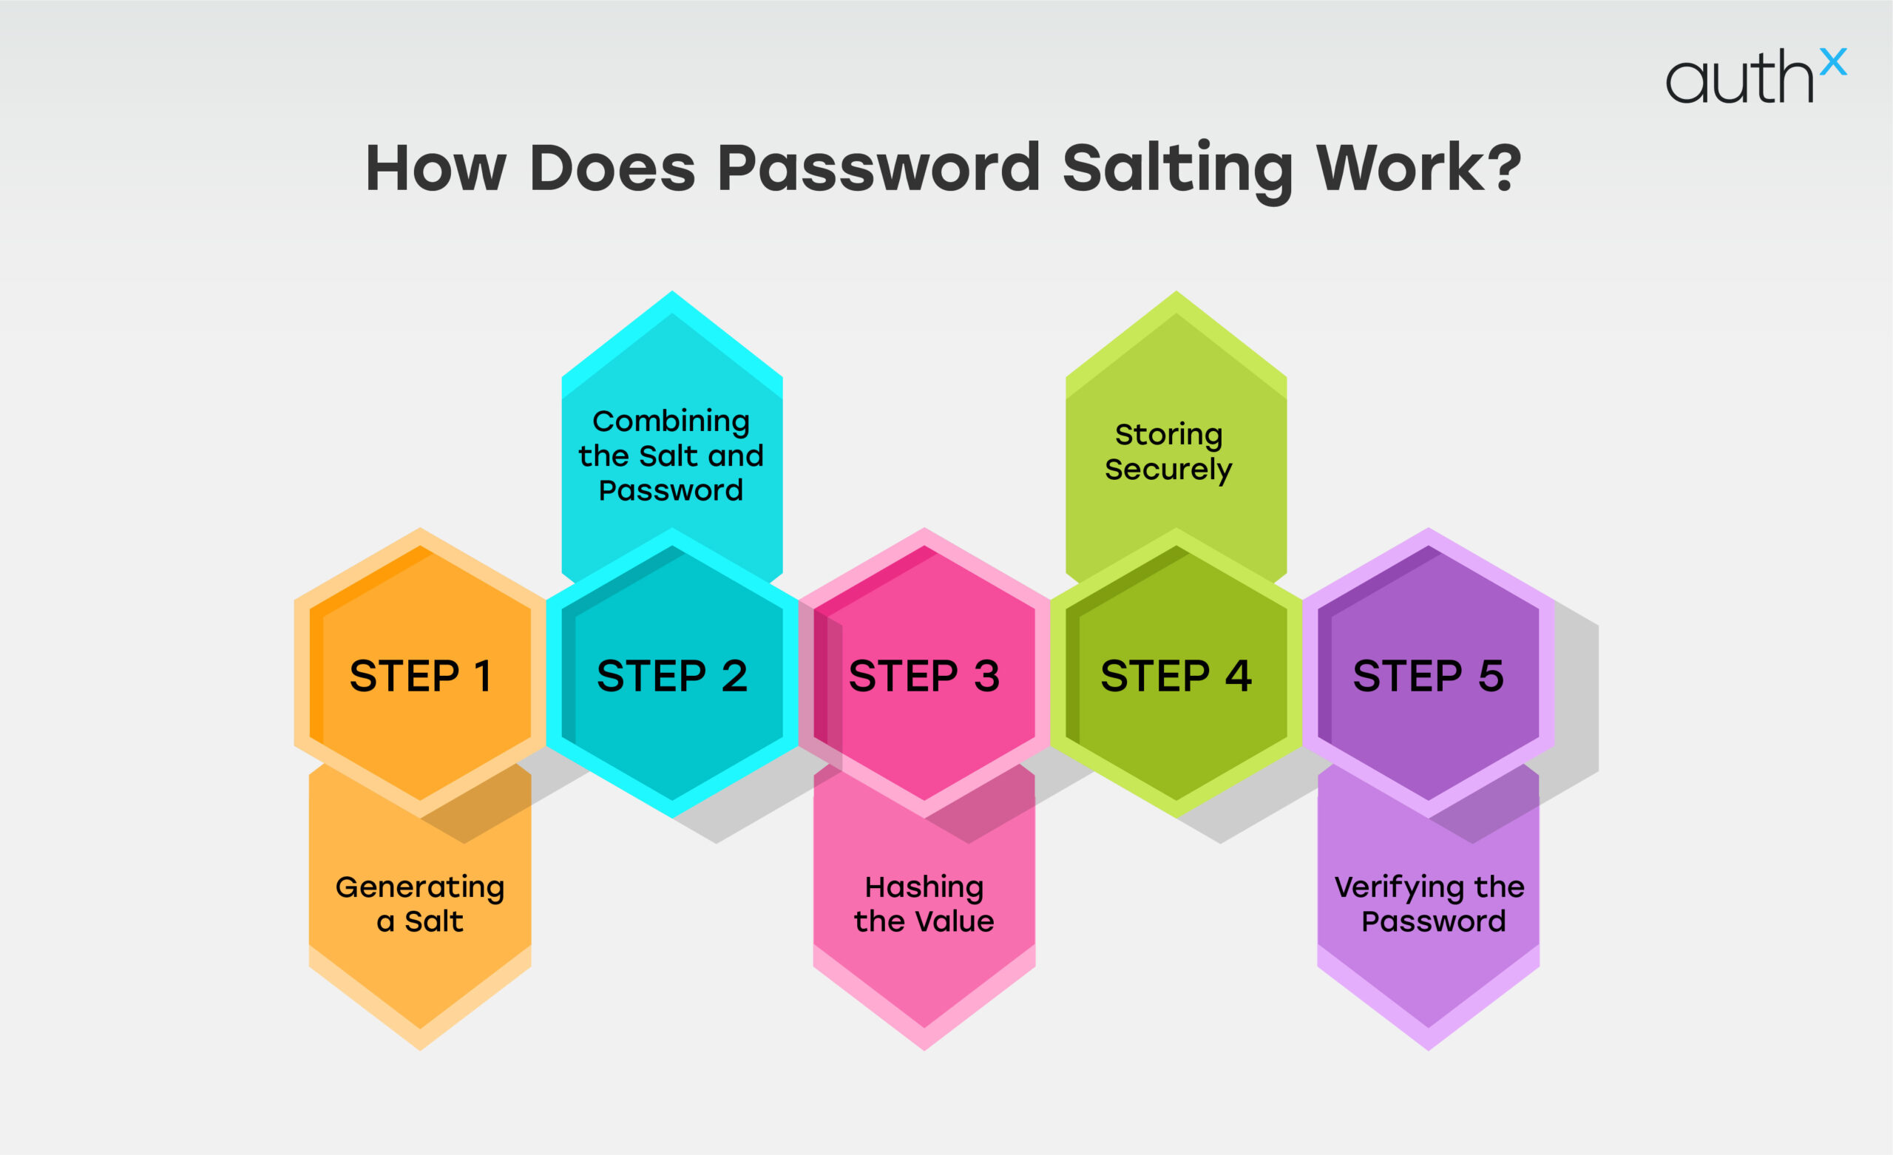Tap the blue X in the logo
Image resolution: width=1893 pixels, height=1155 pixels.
[x=1833, y=61]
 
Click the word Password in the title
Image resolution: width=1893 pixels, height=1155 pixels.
[x=879, y=169]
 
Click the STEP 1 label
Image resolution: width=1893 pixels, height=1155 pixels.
[x=420, y=677]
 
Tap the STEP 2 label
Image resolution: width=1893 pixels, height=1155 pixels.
[x=672, y=677]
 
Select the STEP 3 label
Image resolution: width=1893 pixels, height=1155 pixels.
[x=924, y=677]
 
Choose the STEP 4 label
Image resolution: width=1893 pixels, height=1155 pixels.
[x=1176, y=677]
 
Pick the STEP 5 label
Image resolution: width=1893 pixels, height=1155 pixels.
[x=1428, y=677]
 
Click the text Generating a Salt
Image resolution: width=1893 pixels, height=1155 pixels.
[x=420, y=904]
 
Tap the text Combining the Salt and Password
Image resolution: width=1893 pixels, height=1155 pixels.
[x=671, y=455]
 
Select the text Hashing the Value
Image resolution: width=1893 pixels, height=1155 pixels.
[x=924, y=904]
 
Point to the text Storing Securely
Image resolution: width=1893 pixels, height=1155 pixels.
[x=1168, y=452]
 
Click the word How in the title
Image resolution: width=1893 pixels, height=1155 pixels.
[x=436, y=169]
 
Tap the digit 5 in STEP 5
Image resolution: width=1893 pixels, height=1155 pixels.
[x=1491, y=677]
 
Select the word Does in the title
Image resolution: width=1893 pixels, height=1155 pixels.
[x=612, y=169]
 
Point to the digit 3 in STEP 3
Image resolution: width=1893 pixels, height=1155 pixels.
[x=987, y=677]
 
